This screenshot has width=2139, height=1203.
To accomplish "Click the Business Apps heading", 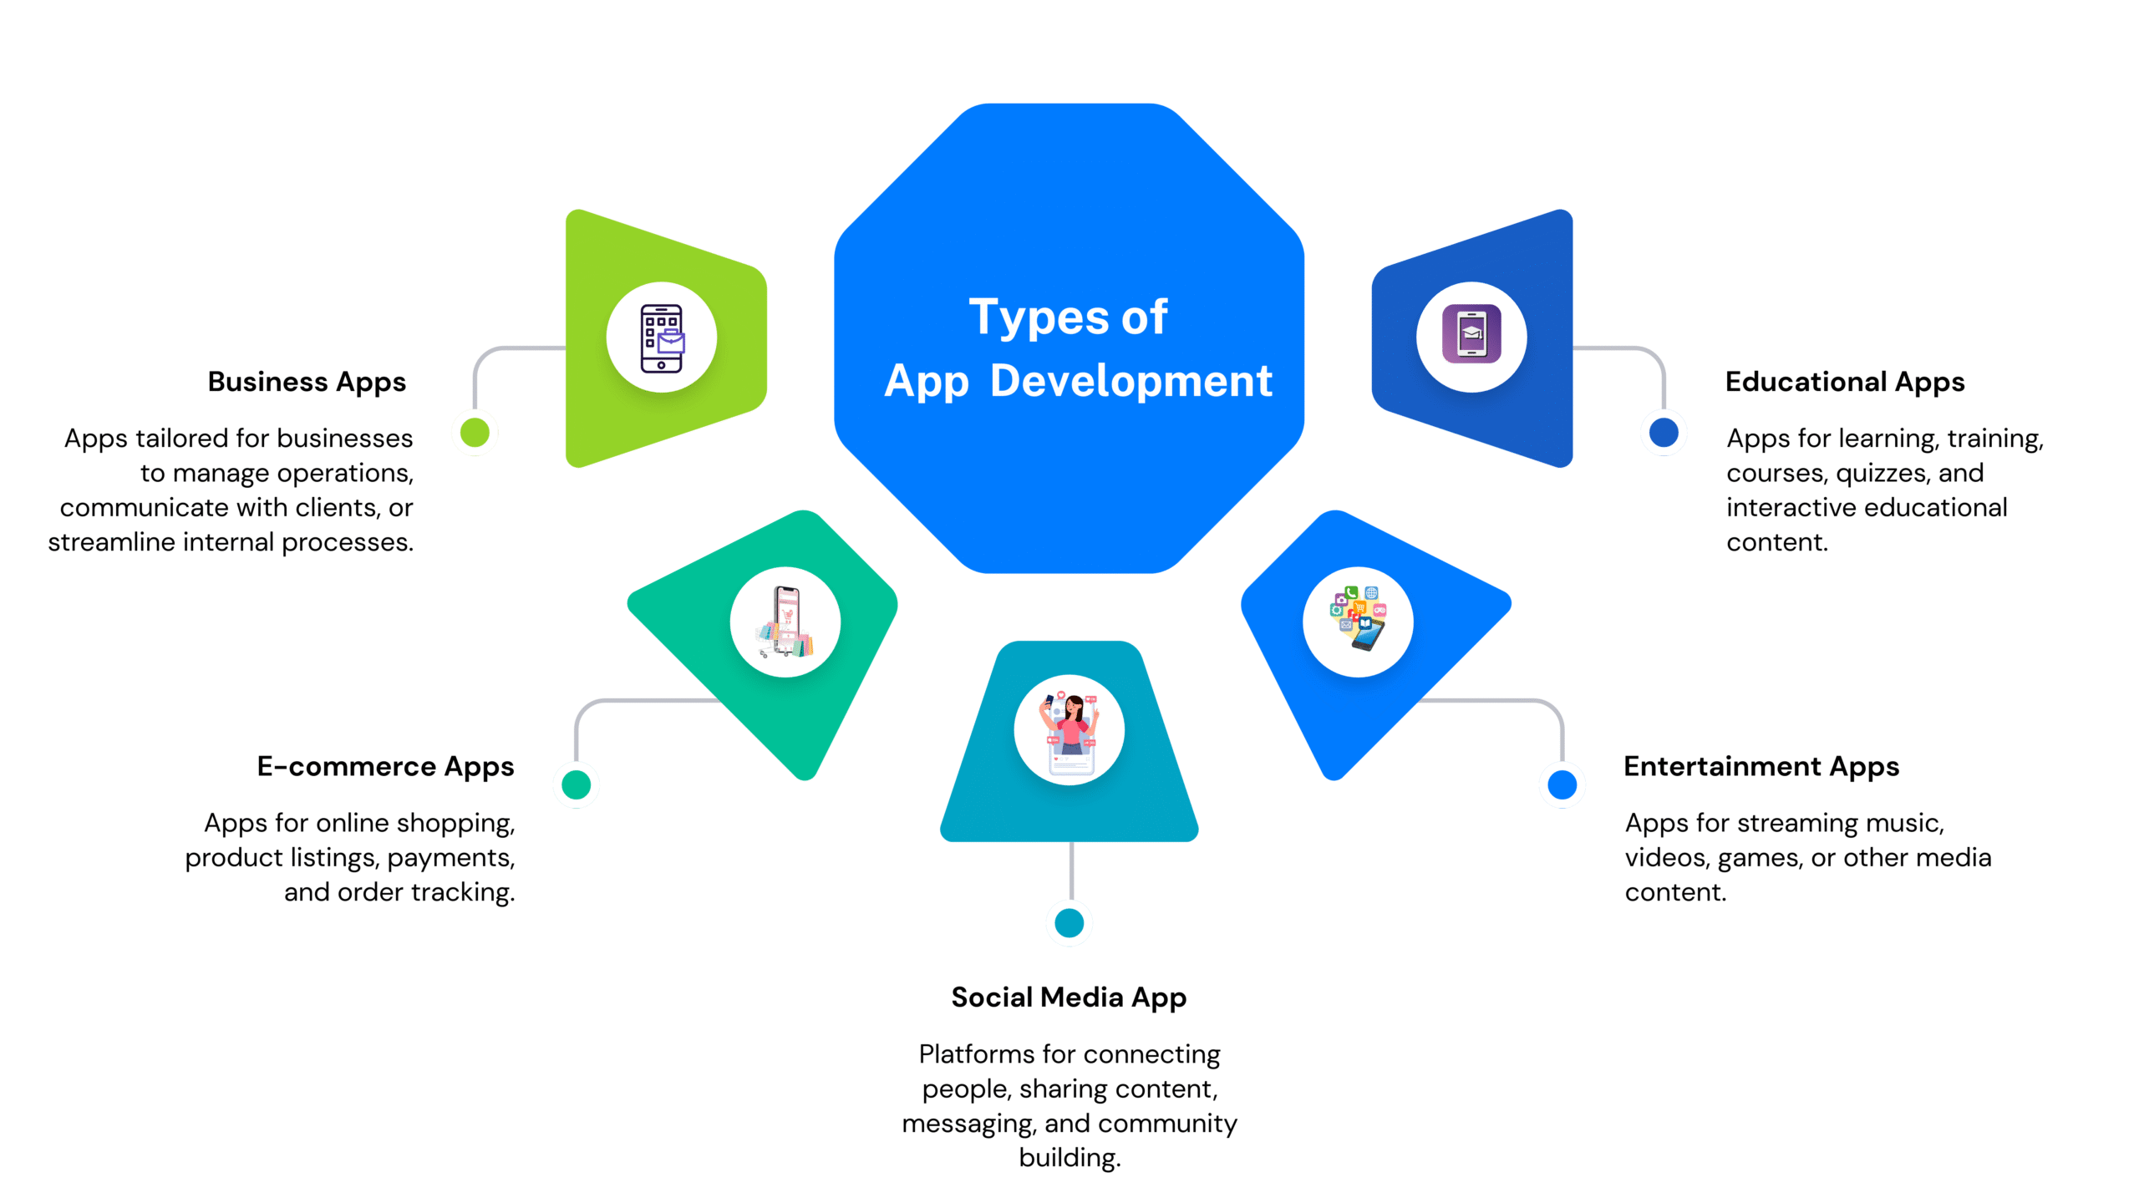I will point(307,382).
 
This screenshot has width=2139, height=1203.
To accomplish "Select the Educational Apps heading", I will point(1845,382).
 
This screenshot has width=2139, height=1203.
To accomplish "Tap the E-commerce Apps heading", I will point(385,767).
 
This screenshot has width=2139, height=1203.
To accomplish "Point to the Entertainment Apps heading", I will point(1761,767).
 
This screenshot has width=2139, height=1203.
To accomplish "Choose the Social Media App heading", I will point(1069,997).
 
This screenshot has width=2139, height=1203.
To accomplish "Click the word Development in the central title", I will point(1131,381).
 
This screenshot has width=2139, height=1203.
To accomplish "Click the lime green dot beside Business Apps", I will point(475,433).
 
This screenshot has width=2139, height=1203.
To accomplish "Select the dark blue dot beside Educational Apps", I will point(1664,433).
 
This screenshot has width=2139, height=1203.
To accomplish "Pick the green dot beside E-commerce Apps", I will point(576,784).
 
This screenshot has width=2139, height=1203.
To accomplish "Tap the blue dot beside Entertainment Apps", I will point(1562,784).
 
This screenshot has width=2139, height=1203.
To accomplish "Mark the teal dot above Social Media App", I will point(1069,923).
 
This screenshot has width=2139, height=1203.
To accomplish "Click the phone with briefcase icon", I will point(662,338).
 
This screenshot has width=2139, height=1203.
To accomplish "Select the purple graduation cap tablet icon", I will point(1471,335).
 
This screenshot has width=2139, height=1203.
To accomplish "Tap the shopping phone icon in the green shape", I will point(785,622).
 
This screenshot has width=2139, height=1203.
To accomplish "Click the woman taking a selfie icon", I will point(1069,729).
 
